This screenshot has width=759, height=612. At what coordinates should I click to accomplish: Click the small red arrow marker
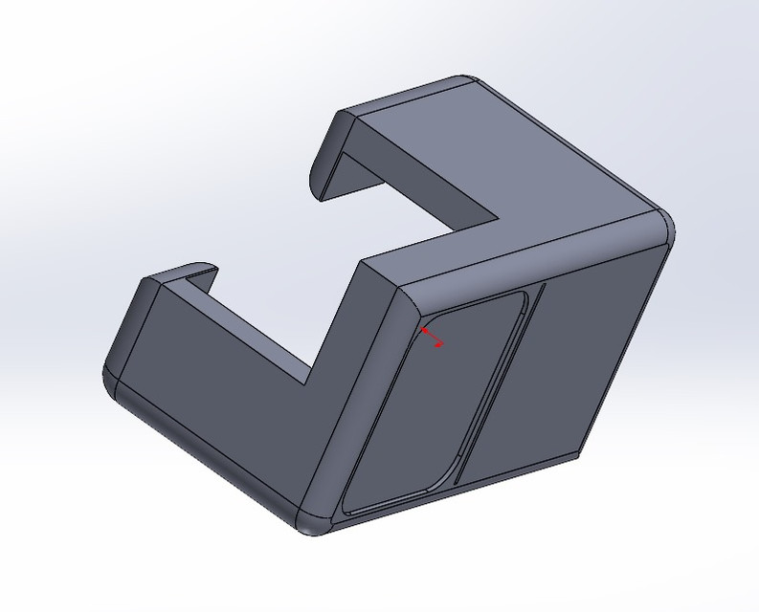click(432, 337)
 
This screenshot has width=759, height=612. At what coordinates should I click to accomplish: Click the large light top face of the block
click(536, 163)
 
